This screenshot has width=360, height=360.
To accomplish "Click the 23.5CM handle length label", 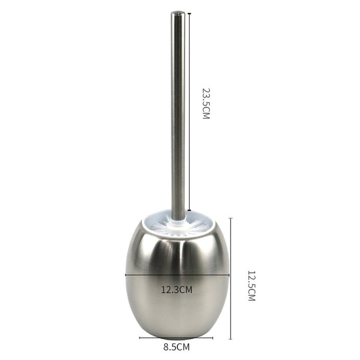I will pyautogui.click(x=206, y=104).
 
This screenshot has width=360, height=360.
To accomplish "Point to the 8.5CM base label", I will pyautogui.click(x=176, y=347).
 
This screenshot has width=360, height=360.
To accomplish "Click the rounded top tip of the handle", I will pyautogui.click(x=178, y=13).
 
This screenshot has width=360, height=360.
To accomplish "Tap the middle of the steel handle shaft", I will pyautogui.click(x=178, y=112).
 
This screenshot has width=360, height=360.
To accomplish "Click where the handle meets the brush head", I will pyautogui.click(x=178, y=219).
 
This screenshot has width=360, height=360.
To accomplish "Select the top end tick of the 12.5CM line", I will pyautogui.click(x=231, y=218).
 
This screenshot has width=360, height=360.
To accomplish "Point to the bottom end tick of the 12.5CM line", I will pyautogui.click(x=231, y=339).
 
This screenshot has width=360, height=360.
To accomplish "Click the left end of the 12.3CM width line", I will pyautogui.click(x=126, y=274).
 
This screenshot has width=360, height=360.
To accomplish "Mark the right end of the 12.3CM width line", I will pyautogui.click(x=229, y=274).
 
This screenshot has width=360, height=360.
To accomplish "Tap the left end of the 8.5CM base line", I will pyautogui.click(x=140, y=338).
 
